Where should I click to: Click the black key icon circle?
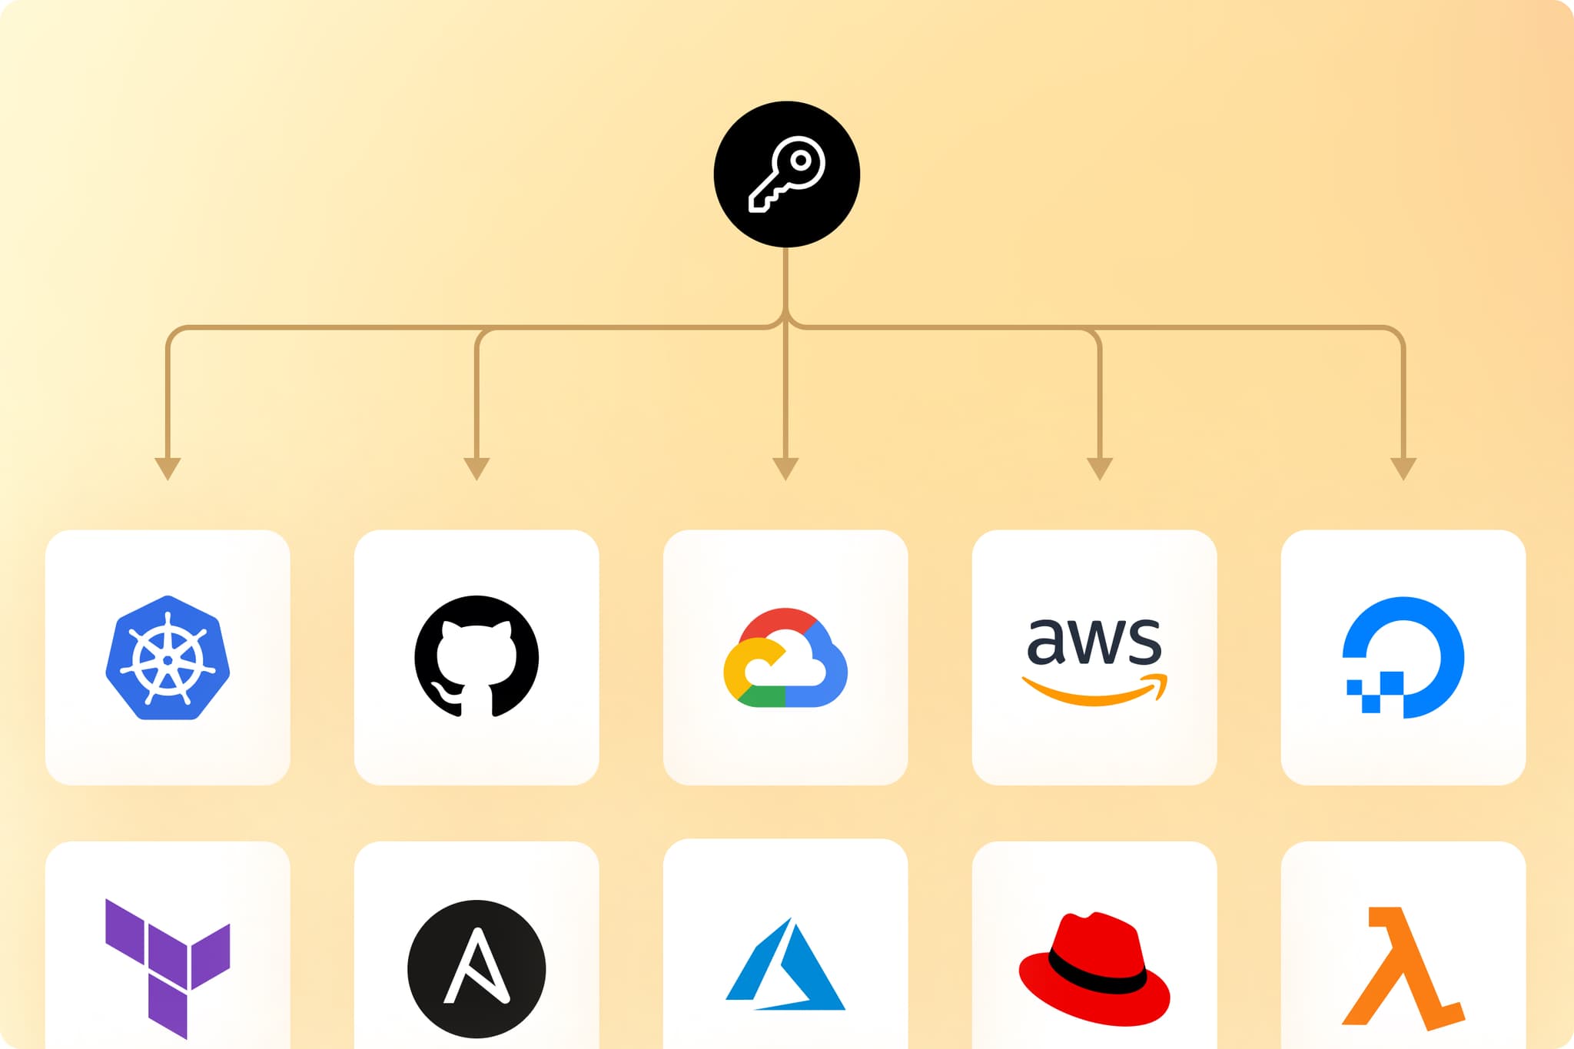tap(786, 174)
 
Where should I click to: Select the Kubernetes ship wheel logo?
tap(168, 657)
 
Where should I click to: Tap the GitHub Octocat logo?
tap(477, 656)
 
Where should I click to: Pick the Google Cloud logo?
tap(785, 657)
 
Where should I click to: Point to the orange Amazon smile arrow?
tap(1094, 689)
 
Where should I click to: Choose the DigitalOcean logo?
tap(1403, 657)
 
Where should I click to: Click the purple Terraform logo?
tap(168, 968)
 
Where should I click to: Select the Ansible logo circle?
tap(477, 968)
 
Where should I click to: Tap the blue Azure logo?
tap(785, 964)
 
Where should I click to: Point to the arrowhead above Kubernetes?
tap(168, 469)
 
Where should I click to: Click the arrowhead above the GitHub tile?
tap(477, 469)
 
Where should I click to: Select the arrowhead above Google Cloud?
tap(785, 469)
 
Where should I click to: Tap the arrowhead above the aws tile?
tap(1100, 469)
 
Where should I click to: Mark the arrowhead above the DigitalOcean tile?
tap(1403, 469)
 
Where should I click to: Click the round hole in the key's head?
tap(801, 161)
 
